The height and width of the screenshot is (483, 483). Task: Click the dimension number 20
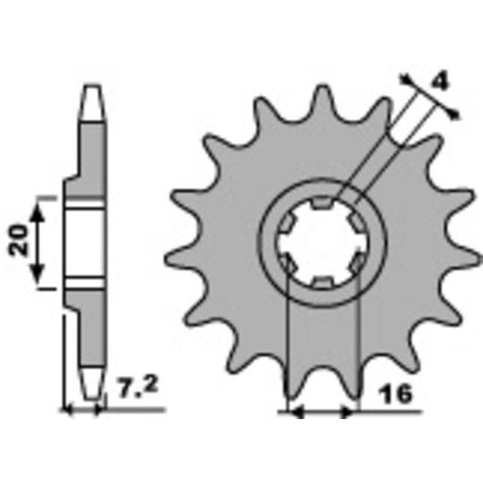18,240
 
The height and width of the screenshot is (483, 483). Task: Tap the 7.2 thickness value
138,387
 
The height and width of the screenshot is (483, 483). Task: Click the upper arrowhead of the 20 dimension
37,213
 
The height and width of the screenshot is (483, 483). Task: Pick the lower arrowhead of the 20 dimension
37,273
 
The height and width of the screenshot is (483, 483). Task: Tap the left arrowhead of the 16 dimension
297,412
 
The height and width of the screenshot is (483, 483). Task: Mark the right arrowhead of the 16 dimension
347,412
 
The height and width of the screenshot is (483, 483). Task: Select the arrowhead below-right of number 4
455,114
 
